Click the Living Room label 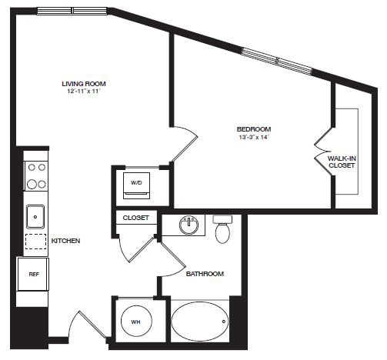84,84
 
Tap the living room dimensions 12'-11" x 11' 84,91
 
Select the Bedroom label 254,129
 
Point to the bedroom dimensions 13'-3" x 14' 254,137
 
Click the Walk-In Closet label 342,162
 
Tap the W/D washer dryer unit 136,185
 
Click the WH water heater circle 136,322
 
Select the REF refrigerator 33,275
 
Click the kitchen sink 35,217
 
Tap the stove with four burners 36,176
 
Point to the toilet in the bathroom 222,229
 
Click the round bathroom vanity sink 189,225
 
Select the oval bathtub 200,322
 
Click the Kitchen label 65,241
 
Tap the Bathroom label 205,274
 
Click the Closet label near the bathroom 135,218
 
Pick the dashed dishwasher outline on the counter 35,242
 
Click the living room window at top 72,11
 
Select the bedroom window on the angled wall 277,61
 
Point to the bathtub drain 224,322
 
